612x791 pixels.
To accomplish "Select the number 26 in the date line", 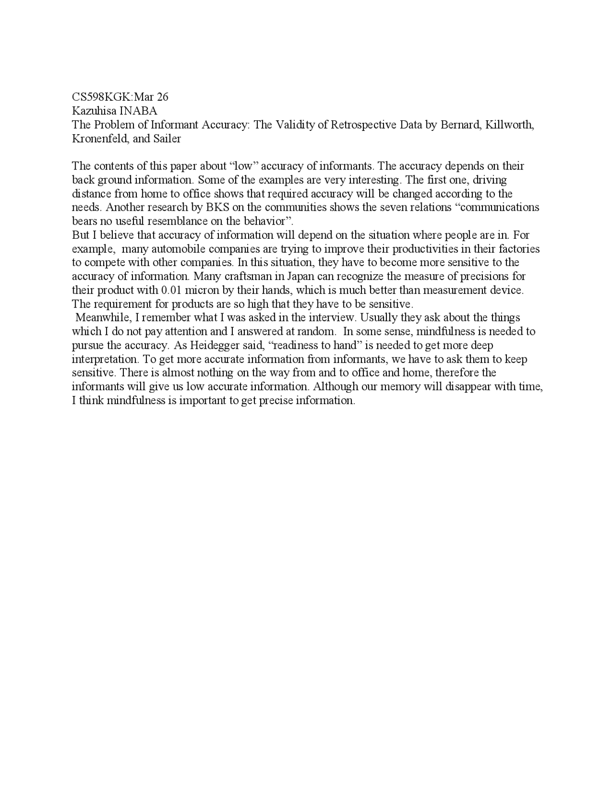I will point(163,97).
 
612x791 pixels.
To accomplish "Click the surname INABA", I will point(138,111).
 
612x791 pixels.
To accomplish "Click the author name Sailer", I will point(167,139).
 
